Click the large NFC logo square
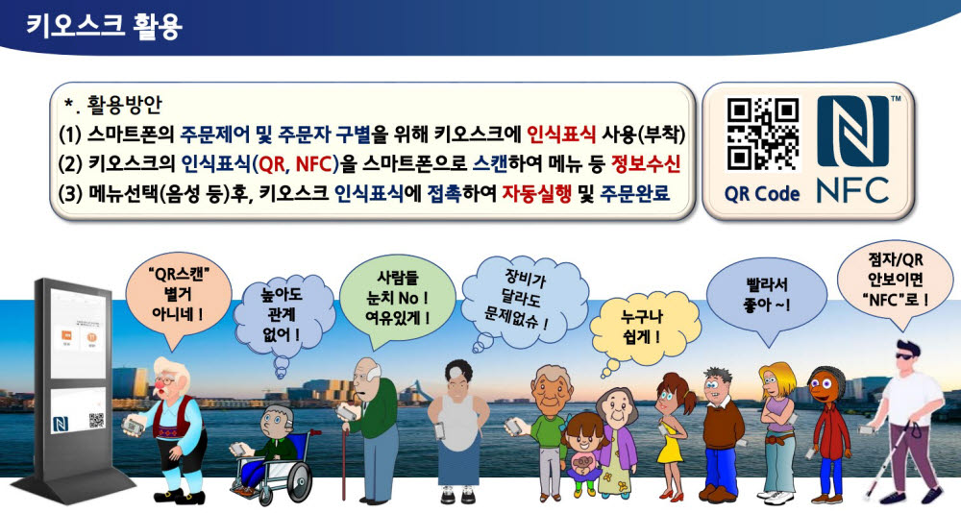pyautogui.click(x=852, y=133)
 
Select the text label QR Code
pyautogui.click(x=763, y=193)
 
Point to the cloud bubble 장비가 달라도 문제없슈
pyautogui.click(x=524, y=292)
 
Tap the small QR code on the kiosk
pyautogui.click(x=96, y=419)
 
